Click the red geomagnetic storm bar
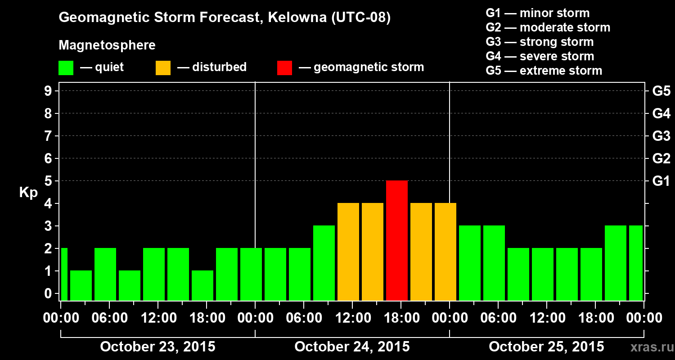point(397,240)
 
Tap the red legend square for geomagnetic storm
point(284,68)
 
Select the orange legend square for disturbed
point(163,68)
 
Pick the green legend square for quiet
point(66,68)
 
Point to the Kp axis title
point(28,193)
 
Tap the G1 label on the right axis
point(661,181)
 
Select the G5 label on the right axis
point(661,91)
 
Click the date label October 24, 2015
point(352,346)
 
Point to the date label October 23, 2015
point(157,346)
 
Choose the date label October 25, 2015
point(546,346)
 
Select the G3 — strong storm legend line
point(540,42)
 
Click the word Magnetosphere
point(107,45)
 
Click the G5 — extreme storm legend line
point(544,71)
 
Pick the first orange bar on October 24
point(348,252)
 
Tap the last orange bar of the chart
point(445,252)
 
